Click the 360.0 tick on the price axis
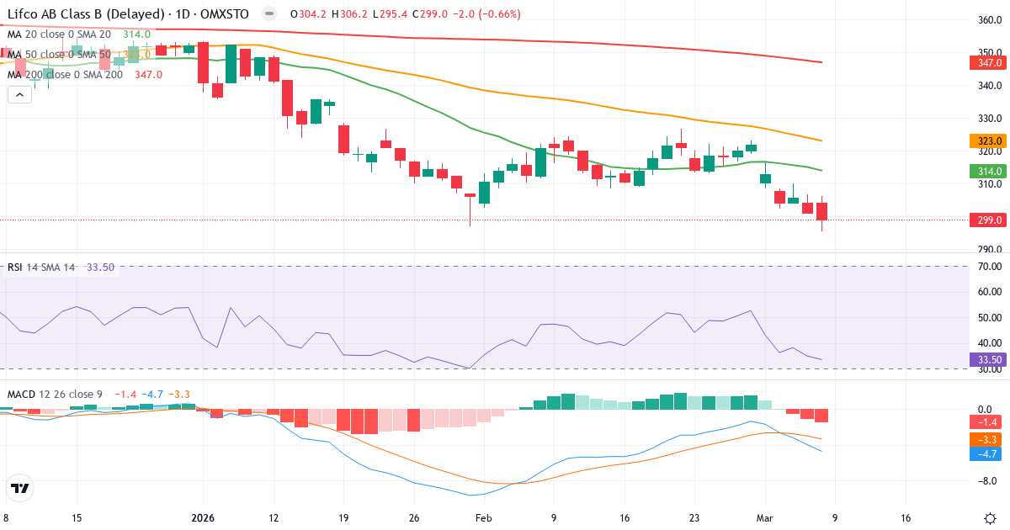990,20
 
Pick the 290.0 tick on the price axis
990,250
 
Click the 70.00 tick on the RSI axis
990,267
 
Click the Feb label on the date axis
483,518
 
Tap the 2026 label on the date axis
203,518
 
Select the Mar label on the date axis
765,518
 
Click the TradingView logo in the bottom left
20,488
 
